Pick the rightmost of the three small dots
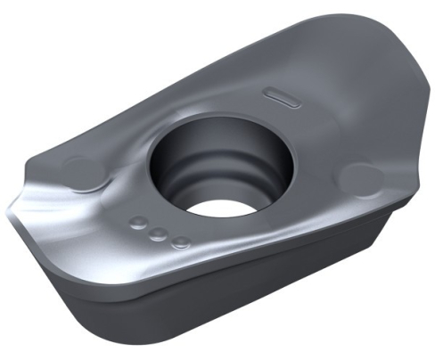180,241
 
